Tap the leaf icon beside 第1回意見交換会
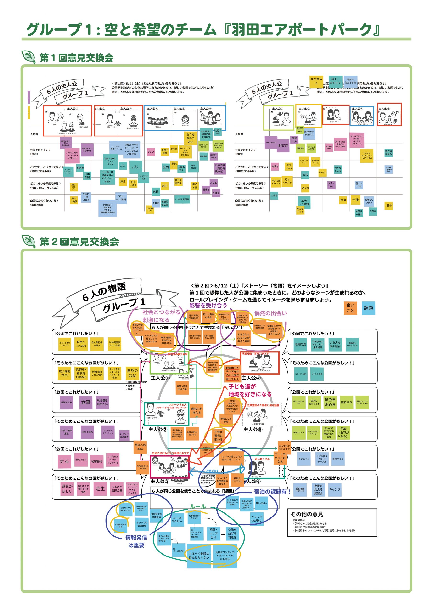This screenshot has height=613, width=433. pyautogui.click(x=28, y=57)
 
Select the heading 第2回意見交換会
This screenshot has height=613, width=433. pyautogui.click(x=79, y=242)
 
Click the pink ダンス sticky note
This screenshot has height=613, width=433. pyautogui.click(x=151, y=152)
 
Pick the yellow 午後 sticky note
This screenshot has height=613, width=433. pyautogui.click(x=356, y=200)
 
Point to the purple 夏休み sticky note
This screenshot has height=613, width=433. pyautogui.click(x=206, y=190)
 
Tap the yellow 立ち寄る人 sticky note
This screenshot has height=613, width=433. pyautogui.click(x=316, y=81)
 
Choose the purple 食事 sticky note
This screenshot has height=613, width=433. pyautogui.click(x=86, y=402)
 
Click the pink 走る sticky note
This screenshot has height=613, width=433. pyautogui.click(x=64, y=461)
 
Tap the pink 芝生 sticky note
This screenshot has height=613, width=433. pyautogui.click(x=100, y=488)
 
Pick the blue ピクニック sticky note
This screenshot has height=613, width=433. pyautogui.click(x=304, y=459)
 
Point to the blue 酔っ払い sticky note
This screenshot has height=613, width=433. pyautogui.click(x=261, y=503)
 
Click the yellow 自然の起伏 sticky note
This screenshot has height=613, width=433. pyautogui.click(x=132, y=373)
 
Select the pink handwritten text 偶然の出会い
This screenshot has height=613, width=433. pyautogui.click(x=270, y=313)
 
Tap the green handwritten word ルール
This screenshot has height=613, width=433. pyautogui.click(x=197, y=506)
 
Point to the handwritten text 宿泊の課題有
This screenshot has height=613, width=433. pyautogui.click(x=271, y=492)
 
